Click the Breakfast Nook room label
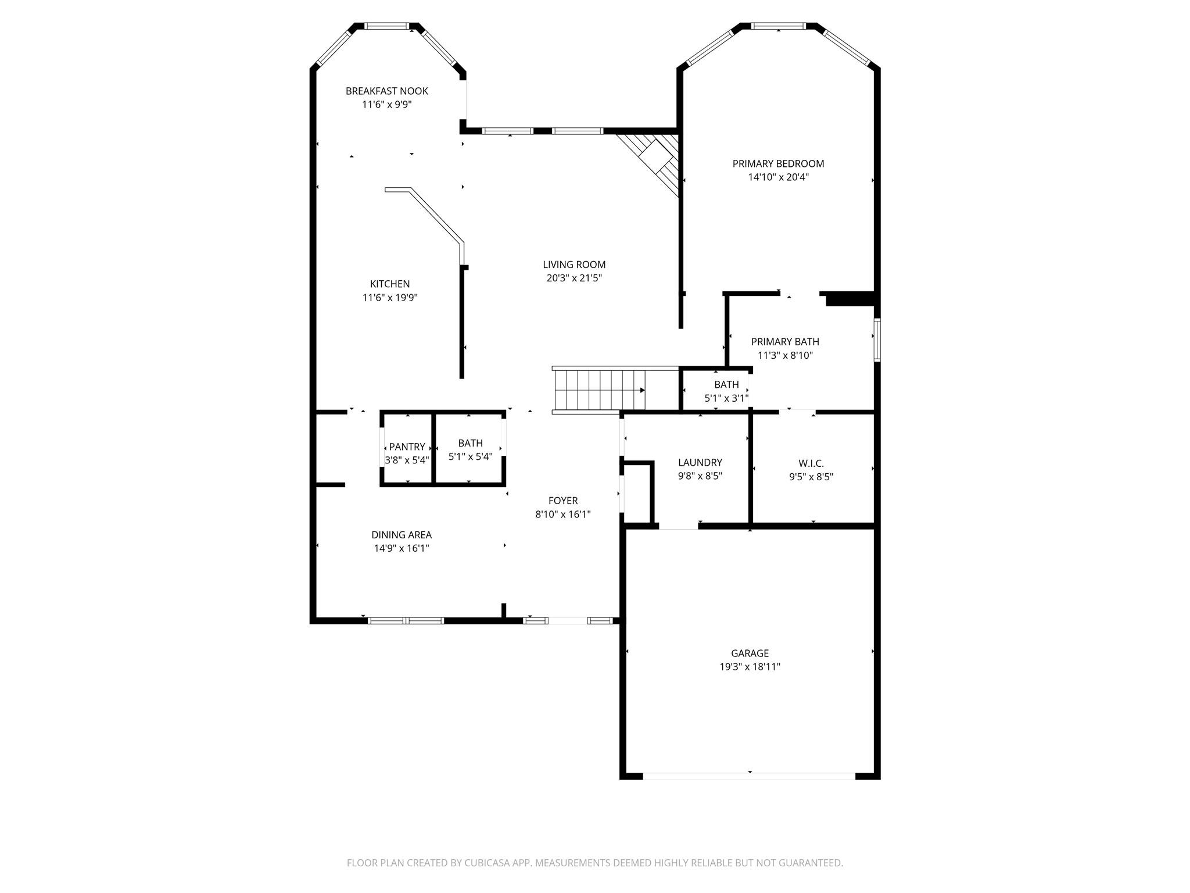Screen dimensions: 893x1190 386,91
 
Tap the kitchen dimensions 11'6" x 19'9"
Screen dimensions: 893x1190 390,298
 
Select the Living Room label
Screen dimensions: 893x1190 574,265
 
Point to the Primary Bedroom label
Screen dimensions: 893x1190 778,163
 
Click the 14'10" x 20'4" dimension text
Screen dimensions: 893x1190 778,177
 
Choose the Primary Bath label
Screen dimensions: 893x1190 785,342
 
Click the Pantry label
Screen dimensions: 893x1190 407,446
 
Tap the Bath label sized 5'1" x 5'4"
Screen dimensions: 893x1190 470,443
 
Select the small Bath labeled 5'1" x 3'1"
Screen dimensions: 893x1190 726,384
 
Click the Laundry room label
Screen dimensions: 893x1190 700,462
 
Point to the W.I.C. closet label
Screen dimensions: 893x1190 811,463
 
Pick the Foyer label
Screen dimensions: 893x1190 562,501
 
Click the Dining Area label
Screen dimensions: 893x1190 402,535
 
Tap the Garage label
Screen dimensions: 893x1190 750,653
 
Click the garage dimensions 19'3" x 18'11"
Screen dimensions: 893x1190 750,667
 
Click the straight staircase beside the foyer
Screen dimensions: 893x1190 598,390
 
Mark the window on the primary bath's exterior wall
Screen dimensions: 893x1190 877,340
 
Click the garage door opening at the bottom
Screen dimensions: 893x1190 749,776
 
